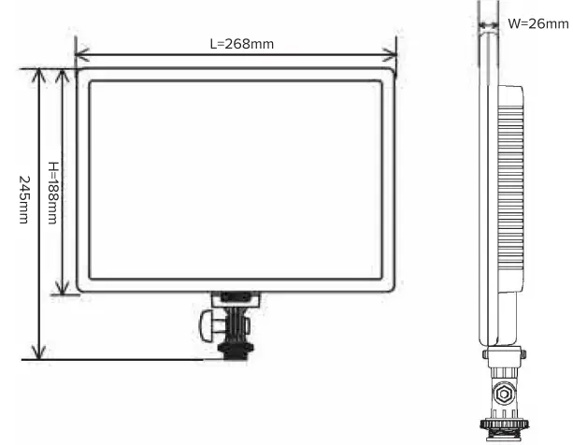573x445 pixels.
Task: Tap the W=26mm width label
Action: point(537,24)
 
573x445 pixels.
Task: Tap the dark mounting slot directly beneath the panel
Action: point(234,298)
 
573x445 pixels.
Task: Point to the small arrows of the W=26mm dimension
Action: point(488,25)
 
